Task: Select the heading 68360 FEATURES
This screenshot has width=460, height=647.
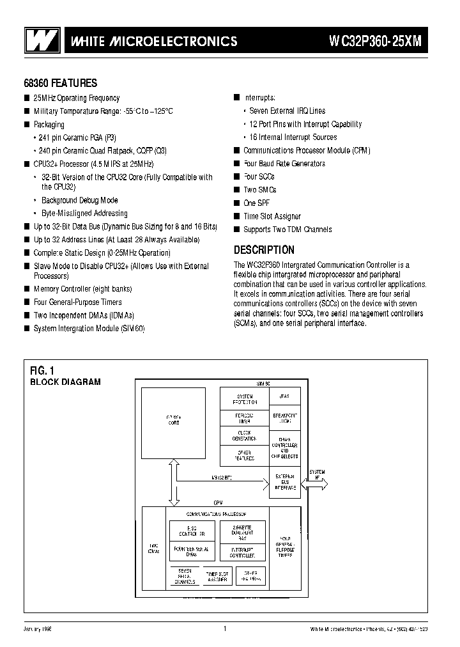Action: (61, 83)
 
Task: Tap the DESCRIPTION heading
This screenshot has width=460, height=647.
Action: (264, 250)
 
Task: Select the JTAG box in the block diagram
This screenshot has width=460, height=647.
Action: (284, 396)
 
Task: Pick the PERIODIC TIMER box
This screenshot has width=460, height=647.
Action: (244, 417)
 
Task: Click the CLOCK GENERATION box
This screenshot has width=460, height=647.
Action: (244, 436)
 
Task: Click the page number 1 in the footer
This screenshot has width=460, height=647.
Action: (225, 629)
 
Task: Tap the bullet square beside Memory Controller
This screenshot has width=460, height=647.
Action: (27, 289)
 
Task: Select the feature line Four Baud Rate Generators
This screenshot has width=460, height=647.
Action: (284, 164)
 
